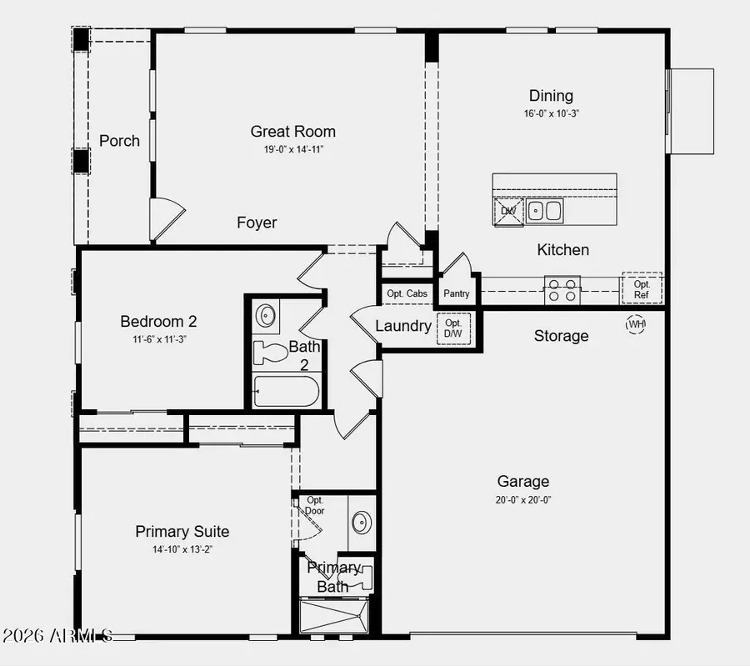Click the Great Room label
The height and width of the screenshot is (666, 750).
coord(293,132)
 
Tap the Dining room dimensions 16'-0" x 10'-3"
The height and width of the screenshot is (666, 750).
coord(551,113)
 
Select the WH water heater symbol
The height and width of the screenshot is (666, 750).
coord(637,324)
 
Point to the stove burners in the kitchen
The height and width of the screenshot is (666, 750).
coord(562,291)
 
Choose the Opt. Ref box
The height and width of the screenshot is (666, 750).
coord(642,288)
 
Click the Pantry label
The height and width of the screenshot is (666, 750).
coord(457,293)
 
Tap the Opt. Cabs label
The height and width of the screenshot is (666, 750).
coord(407,293)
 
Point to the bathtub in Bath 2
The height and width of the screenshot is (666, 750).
coord(286,391)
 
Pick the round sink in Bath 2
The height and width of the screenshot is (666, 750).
coord(267,316)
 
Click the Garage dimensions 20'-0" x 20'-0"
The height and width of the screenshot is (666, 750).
coord(523,500)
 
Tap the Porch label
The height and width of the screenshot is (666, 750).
coord(119,141)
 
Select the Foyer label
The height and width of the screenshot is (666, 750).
coord(257,223)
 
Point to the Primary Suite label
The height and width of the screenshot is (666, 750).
coord(182,532)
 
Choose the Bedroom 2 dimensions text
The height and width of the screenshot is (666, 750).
coord(158,339)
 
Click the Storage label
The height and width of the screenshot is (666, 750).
coord(561,336)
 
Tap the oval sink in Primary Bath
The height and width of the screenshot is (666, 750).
coord(361,523)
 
